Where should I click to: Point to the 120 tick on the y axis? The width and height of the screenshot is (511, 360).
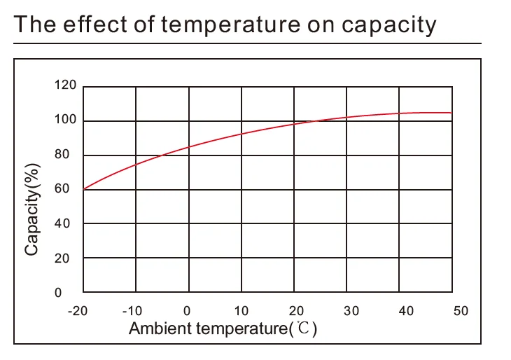(64, 86)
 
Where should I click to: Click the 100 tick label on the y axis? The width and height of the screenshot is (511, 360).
(64, 120)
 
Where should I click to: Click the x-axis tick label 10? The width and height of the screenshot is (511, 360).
(241, 310)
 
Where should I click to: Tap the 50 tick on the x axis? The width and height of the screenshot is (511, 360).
(460, 310)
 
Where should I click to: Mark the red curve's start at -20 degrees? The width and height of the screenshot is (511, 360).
(83, 189)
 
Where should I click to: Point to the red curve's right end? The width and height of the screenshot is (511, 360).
(451, 113)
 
